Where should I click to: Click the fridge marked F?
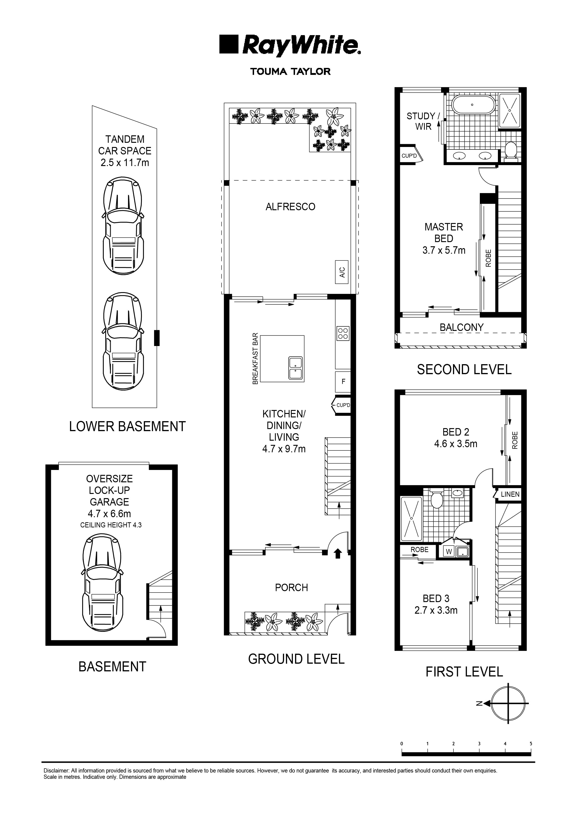point(343,382)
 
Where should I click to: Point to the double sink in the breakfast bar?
point(295,368)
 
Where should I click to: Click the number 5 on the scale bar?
point(531,743)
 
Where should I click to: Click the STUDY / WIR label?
point(423,121)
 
